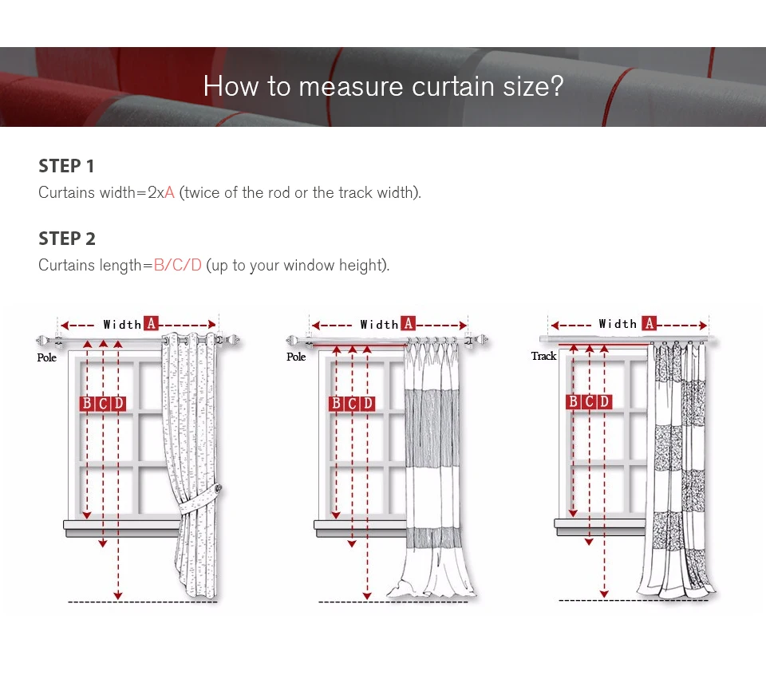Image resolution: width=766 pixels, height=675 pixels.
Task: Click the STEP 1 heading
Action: [66, 166]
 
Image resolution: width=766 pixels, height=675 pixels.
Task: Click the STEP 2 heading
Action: [67, 239]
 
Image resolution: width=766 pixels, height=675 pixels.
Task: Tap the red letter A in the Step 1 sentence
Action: [169, 192]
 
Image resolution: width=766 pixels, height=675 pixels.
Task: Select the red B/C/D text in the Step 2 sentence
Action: [177, 265]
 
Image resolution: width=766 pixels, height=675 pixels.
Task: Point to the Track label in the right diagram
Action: [543, 356]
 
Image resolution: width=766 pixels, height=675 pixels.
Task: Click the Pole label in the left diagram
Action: [47, 357]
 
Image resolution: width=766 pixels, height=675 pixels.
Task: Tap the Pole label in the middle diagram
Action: [296, 357]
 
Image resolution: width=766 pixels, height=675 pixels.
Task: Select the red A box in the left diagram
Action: [151, 323]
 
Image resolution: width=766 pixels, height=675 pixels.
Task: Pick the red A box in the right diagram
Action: [649, 323]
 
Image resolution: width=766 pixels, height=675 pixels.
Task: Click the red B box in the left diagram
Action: [87, 404]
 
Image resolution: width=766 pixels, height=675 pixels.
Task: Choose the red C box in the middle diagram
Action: [352, 404]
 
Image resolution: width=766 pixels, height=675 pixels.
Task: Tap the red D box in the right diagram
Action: [604, 401]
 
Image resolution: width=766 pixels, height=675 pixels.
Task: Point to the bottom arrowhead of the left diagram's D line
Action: [118, 596]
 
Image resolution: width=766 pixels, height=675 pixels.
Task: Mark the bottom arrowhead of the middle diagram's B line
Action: [336, 515]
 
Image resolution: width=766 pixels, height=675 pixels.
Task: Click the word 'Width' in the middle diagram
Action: [379, 324]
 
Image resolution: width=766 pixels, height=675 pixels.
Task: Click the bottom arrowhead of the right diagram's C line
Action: [589, 542]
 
